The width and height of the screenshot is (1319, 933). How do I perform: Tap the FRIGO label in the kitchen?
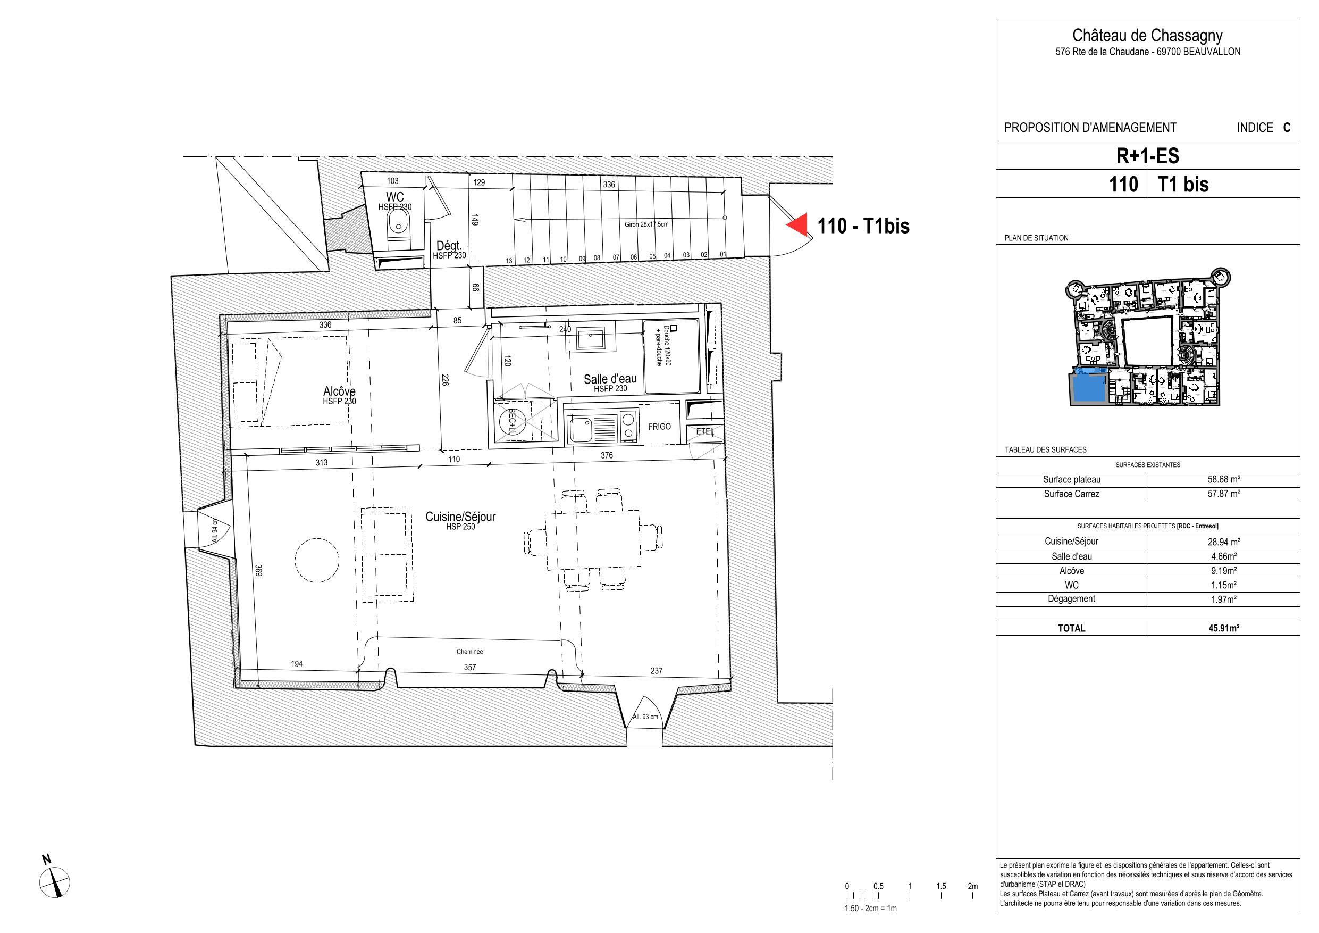pos(659,427)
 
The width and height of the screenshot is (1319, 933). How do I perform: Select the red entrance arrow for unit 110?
pos(797,225)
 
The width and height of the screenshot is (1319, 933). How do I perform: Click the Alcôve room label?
pos(339,391)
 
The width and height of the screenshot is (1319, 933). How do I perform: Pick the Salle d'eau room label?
pos(610,379)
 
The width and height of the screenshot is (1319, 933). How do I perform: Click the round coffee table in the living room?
pos(316,560)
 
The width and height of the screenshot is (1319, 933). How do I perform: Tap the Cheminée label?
pos(470,652)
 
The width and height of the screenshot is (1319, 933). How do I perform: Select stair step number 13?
pos(509,261)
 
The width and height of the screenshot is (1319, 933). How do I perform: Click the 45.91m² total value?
pos(1224,628)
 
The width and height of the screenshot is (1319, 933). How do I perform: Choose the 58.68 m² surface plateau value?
pos(1224,479)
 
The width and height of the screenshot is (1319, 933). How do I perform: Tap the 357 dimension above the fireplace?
pos(470,668)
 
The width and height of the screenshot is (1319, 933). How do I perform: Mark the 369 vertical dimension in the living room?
pos(259,570)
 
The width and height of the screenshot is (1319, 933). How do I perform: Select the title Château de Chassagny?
pos(1148,36)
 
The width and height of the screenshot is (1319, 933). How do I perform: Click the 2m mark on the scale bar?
pos(972,886)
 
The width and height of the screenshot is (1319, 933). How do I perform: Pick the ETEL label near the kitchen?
pos(705,431)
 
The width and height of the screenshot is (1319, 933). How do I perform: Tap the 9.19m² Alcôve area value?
pos(1224,571)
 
